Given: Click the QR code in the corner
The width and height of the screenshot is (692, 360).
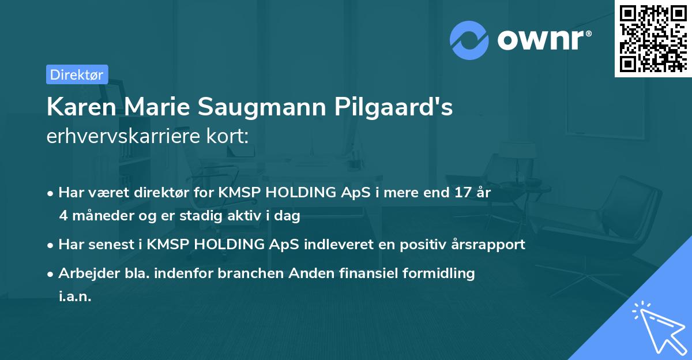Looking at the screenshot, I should (653, 38).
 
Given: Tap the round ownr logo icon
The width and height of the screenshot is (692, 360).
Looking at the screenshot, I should (469, 40).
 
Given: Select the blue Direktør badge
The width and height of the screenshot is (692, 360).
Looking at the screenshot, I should (76, 74).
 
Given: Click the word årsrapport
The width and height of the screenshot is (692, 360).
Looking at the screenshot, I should (489, 245).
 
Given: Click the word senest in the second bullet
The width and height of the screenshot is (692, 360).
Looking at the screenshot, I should (106, 245).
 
